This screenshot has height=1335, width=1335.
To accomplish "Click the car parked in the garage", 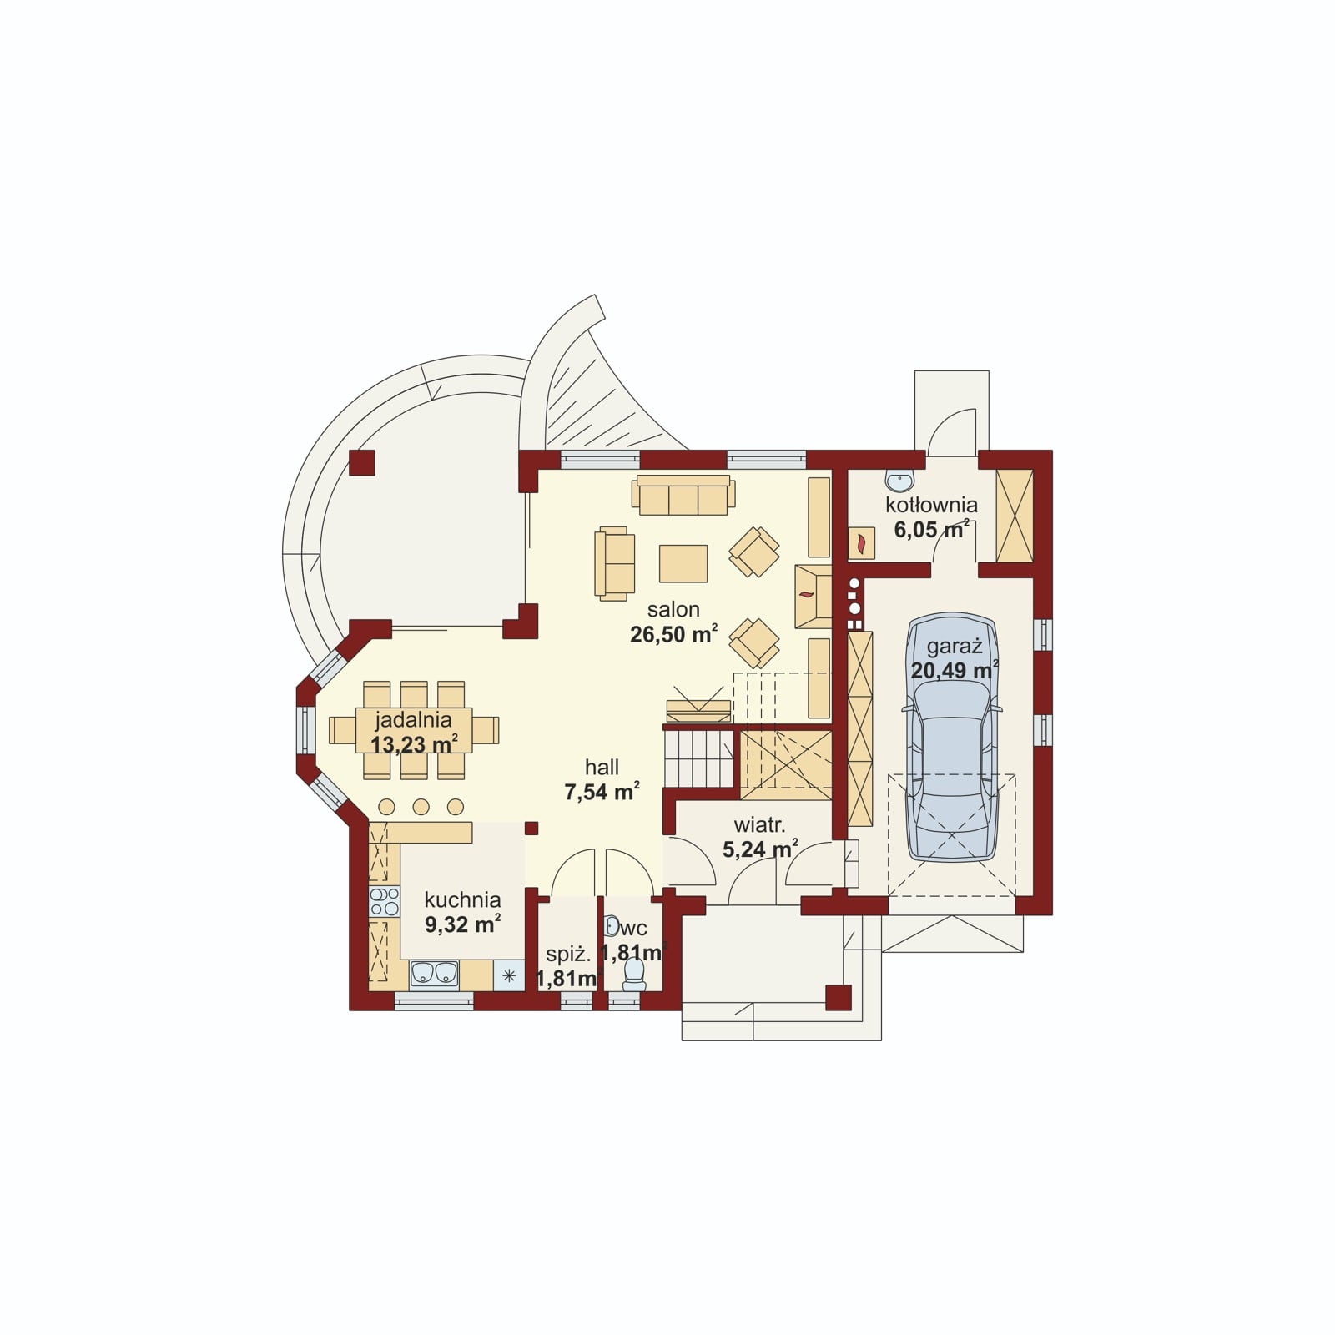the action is [952, 738].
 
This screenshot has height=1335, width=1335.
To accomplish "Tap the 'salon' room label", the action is [673, 609].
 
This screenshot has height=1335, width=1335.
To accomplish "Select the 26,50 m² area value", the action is [673, 634].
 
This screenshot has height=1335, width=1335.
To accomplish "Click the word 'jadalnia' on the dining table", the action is [413, 719].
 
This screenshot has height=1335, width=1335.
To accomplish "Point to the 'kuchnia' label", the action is [462, 899].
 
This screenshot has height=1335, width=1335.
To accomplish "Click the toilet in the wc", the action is [634, 974].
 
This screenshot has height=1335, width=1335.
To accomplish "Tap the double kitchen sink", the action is [434, 974].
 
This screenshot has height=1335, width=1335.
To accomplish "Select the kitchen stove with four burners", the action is [384, 902].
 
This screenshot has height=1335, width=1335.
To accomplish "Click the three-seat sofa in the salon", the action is [683, 496].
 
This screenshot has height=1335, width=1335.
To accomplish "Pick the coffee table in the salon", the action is [683, 563].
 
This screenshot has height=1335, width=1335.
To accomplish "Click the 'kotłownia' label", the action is [931, 505].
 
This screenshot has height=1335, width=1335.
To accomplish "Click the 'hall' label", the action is [602, 767].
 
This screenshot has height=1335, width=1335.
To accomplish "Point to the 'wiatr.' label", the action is [759, 825].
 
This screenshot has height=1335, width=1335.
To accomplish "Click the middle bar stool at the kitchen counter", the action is [421, 807].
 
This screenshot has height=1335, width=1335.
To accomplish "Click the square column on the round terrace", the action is [362, 463].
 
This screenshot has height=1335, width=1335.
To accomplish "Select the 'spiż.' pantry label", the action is [567, 955].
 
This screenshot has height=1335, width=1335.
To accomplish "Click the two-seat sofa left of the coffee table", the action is [612, 562].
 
